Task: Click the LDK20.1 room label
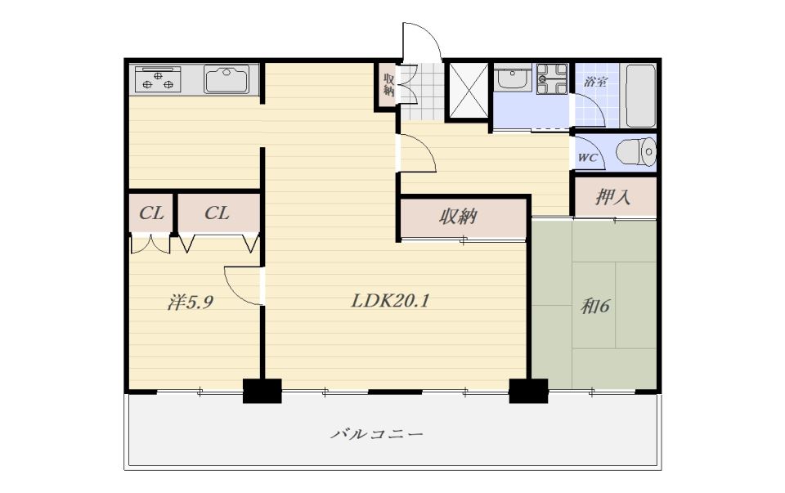click(390, 301)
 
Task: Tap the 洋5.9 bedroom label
click(191, 303)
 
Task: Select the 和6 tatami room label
click(594, 306)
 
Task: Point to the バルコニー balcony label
click(376, 433)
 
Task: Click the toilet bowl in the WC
click(635, 151)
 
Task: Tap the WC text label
click(588, 158)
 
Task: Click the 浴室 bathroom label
click(595, 82)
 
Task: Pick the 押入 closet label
click(612, 197)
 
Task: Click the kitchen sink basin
click(227, 79)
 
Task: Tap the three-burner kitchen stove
click(158, 79)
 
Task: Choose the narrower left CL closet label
click(151, 213)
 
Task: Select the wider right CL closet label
click(217, 213)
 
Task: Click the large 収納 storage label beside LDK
click(458, 217)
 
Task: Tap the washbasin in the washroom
click(513, 78)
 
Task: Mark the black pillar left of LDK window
click(262, 391)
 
